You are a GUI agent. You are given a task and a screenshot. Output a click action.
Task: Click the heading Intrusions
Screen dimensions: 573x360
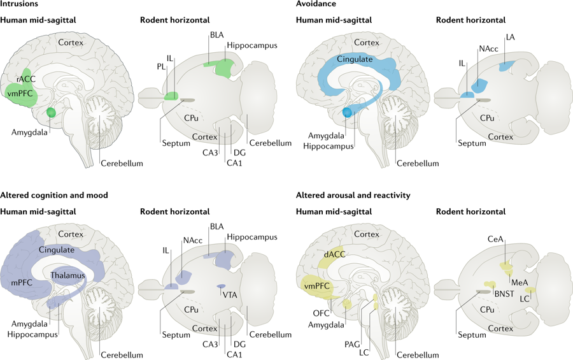[19, 4]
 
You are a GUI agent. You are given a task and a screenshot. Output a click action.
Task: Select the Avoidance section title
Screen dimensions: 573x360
[316, 4]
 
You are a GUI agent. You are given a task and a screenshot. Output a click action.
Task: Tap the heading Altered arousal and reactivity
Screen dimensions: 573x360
[353, 196]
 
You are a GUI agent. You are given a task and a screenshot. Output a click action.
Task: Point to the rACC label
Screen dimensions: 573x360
[25, 79]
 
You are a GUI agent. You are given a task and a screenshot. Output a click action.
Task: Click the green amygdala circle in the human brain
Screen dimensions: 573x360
[51, 112]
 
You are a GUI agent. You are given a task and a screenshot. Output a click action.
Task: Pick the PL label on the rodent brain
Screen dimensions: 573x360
[161, 67]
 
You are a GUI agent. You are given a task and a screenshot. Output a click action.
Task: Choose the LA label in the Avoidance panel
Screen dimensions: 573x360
[510, 37]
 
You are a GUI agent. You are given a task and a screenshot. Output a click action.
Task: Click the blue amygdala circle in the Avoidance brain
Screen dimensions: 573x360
[347, 112]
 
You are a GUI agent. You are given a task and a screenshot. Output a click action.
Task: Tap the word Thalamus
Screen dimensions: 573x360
[67, 275]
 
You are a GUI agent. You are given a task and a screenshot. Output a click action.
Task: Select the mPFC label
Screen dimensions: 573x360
[22, 282]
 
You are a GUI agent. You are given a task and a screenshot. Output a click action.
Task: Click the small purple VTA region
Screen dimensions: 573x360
[221, 286]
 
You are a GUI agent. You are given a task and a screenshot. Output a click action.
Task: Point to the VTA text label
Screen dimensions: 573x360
[230, 295]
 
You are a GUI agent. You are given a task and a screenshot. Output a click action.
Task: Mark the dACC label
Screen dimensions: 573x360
[334, 254]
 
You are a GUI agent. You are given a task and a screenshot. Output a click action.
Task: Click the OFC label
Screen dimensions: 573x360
[322, 313]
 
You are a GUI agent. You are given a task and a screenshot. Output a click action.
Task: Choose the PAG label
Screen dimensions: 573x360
[352, 344]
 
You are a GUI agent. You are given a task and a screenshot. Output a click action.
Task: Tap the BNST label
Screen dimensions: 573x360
[504, 294]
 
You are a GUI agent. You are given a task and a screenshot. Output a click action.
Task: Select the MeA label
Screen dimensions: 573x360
[520, 282]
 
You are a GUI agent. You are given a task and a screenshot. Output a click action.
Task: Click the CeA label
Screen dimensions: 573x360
[495, 239]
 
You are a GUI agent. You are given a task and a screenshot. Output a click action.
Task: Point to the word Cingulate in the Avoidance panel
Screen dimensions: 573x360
[355, 59]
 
